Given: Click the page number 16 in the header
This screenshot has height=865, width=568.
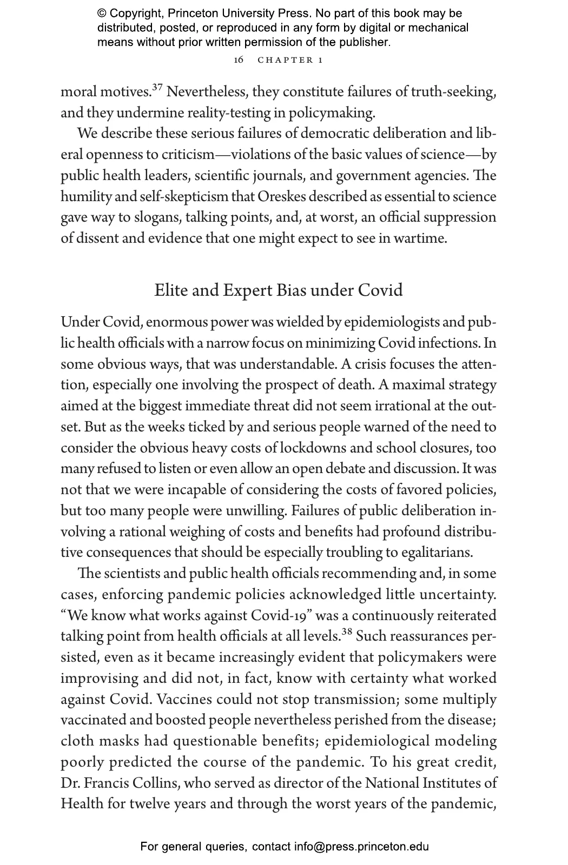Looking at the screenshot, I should [239, 60].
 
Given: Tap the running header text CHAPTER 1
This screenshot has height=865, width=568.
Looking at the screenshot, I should [290, 60].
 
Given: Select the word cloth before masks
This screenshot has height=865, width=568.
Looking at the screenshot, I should [77, 741].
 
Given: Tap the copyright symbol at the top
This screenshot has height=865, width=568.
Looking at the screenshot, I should [102, 14].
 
